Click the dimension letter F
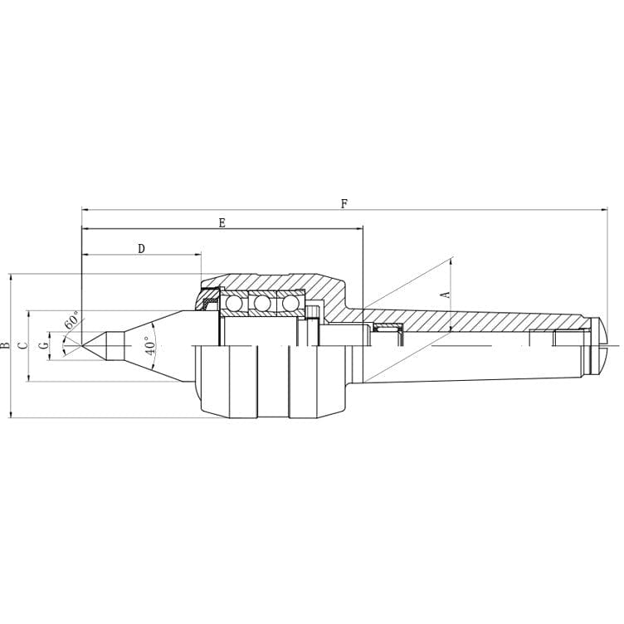[x=344, y=203]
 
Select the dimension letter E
[x=222, y=222]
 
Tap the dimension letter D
[x=141, y=248]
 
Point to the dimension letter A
[x=445, y=295]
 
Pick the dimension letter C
[x=23, y=344]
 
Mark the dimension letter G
[x=44, y=344]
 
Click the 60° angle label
[x=71, y=319]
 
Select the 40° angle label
[x=151, y=345]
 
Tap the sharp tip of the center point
[x=83, y=344]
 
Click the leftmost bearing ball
[x=235, y=304]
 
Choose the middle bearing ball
[x=262, y=304]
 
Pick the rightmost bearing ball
[x=290, y=304]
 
